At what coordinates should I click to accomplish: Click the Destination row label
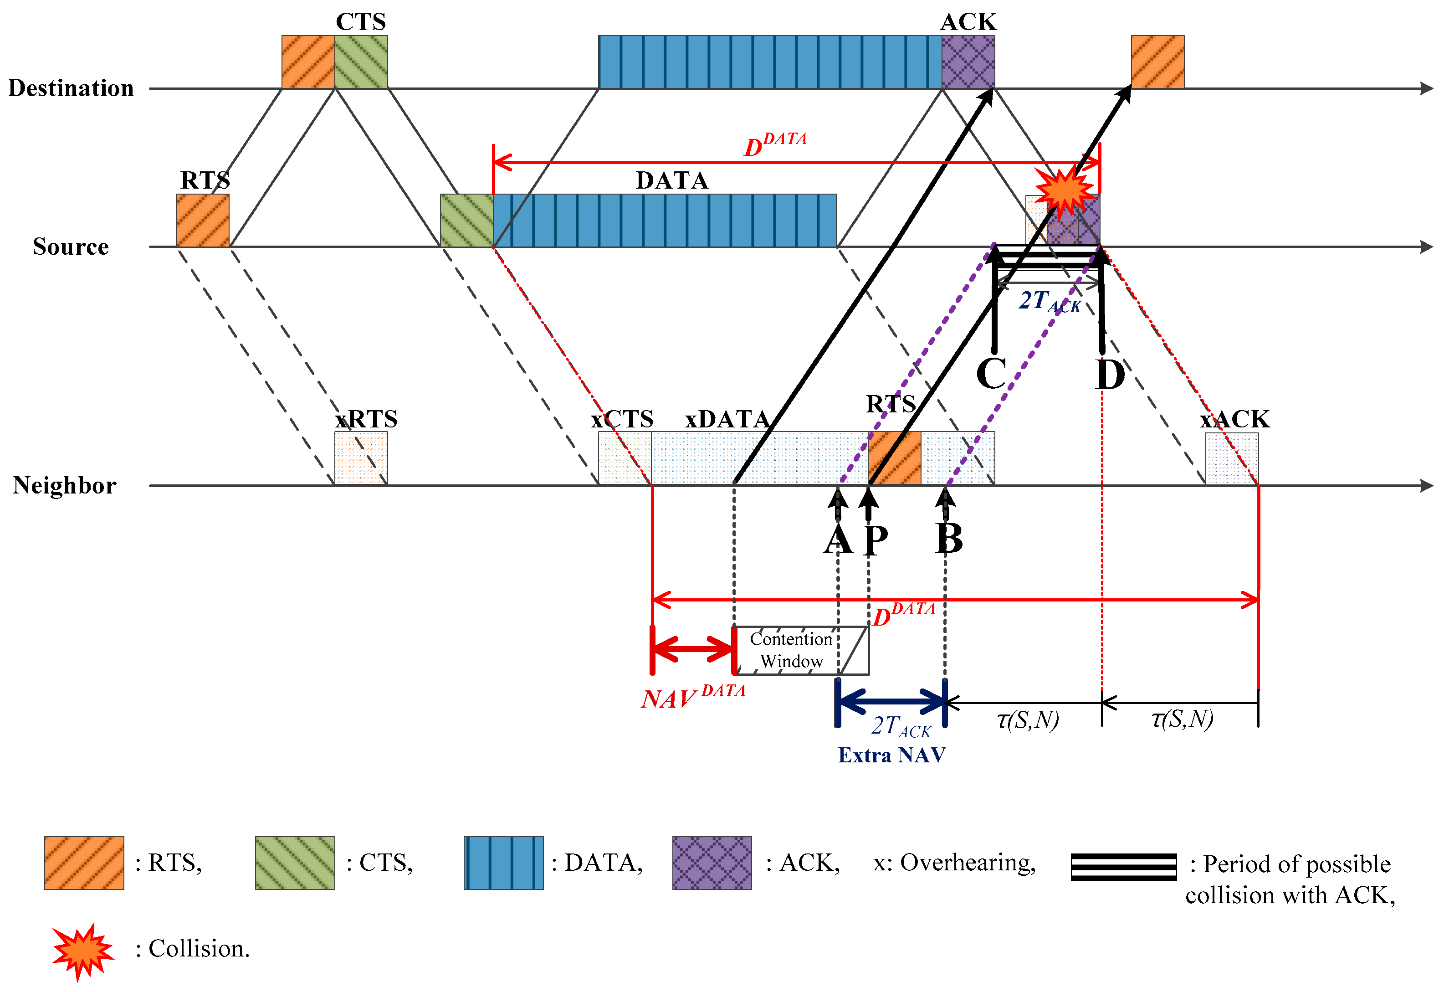(x=71, y=88)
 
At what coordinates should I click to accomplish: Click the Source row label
(x=71, y=247)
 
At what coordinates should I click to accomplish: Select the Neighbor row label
(x=65, y=485)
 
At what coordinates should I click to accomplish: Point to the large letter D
(x=1110, y=375)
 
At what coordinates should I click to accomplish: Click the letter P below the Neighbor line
(x=876, y=540)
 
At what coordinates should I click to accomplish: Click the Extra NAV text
(x=891, y=755)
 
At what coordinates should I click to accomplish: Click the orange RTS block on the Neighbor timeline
(x=894, y=459)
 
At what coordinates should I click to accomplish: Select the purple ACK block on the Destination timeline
(x=968, y=62)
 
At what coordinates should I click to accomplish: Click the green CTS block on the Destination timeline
(x=361, y=62)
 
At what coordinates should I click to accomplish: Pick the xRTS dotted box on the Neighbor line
(x=361, y=459)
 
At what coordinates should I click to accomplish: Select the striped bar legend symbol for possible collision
(x=1123, y=867)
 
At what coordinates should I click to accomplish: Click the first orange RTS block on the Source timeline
(x=203, y=221)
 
